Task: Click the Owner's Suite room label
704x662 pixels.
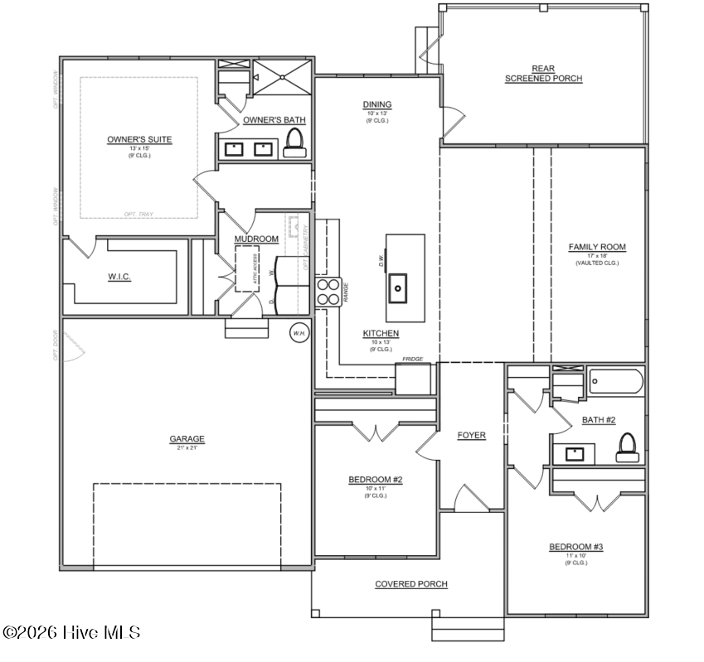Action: click(139, 139)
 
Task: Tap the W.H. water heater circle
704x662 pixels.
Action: click(299, 333)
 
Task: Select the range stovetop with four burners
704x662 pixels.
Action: click(328, 292)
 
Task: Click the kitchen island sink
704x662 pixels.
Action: click(398, 288)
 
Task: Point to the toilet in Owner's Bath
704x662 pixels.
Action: click(293, 146)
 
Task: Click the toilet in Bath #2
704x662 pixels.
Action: click(627, 447)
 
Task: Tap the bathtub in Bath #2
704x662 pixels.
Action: click(615, 382)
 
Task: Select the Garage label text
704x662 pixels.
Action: click(187, 439)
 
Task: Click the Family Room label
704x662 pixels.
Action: click(596, 247)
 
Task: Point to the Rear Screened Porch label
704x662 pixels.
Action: click(543, 74)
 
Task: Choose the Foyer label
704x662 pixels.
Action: click(472, 435)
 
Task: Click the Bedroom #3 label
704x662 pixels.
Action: click(575, 547)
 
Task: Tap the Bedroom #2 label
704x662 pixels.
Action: click(376, 480)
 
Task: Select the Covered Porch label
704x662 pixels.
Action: click(411, 584)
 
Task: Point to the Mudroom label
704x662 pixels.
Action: click(256, 239)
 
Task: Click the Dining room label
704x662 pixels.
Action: click(376, 104)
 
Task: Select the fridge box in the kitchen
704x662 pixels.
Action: click(414, 378)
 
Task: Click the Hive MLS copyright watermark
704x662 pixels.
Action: click(71, 632)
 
